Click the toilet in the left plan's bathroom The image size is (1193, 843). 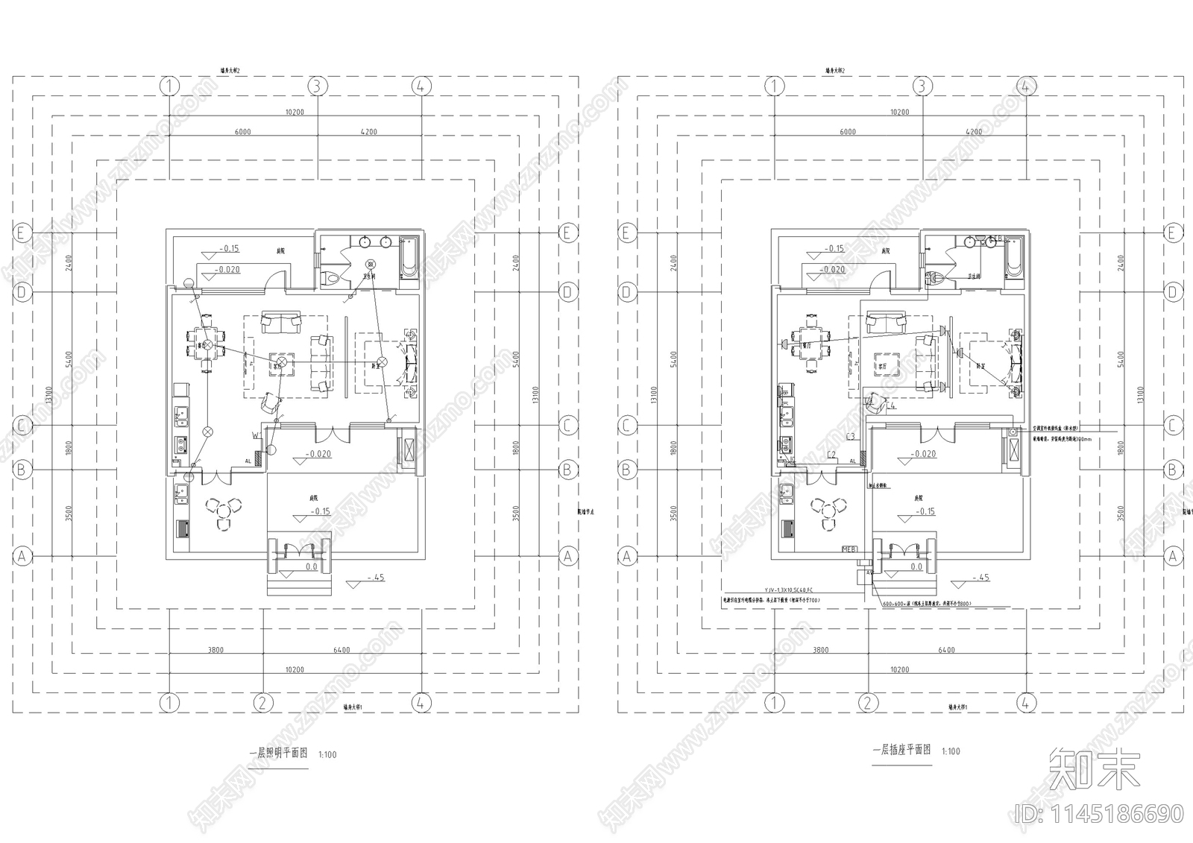(333, 279)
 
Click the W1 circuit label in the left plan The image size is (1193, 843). (256, 434)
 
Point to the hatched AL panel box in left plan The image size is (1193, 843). (259, 460)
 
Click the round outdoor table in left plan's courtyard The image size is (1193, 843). (223, 508)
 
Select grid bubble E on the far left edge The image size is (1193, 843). (22, 233)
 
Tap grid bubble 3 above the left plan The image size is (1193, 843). (318, 86)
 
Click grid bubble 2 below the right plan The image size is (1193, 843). (867, 702)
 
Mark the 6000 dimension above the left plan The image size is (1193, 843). (243, 132)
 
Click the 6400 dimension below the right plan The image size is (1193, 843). (946, 650)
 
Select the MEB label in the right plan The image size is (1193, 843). (849, 549)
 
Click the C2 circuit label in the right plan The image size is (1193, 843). (831, 454)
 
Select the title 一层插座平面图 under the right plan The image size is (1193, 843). (902, 750)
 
